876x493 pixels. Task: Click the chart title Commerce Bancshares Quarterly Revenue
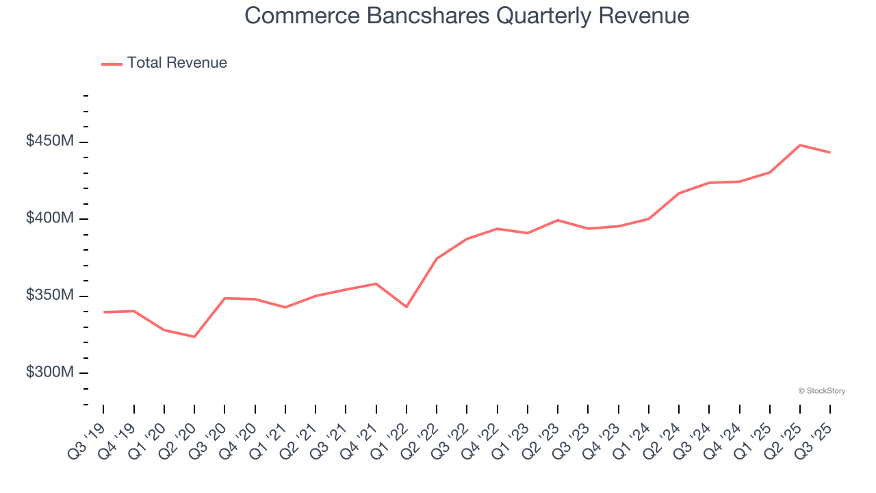[467, 16]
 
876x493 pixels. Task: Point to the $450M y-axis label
[50, 142]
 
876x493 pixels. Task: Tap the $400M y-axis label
[50, 218]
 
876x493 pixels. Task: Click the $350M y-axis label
[50, 296]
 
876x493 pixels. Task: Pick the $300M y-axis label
[50, 372]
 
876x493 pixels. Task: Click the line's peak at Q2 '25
[800, 145]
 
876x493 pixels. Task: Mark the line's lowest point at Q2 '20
[194, 337]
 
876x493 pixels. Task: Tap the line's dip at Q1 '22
[407, 307]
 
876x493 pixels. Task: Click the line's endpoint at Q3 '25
[830, 153]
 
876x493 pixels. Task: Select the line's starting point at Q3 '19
[103, 312]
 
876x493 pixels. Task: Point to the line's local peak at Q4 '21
[376, 283]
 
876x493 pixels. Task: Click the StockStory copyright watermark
[821, 391]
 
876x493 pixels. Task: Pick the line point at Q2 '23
[558, 220]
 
